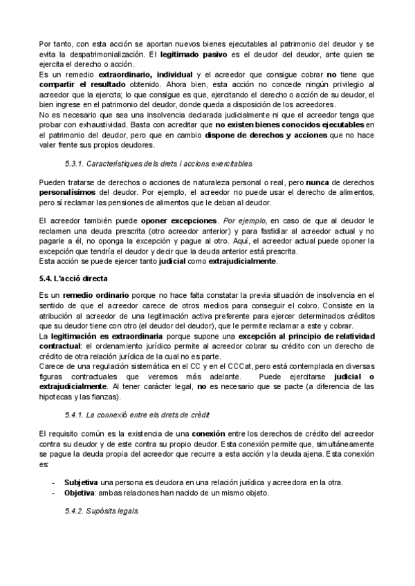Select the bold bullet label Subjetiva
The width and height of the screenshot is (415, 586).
click(80, 482)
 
